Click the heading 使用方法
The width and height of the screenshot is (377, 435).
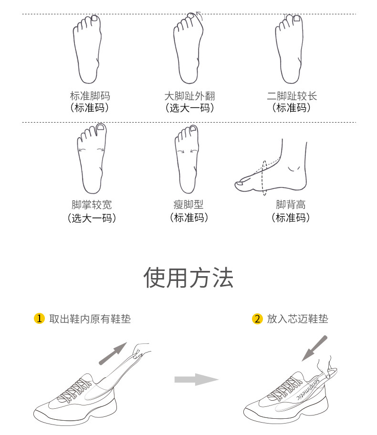tap(188, 278)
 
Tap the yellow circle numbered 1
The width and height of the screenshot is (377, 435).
tap(39, 319)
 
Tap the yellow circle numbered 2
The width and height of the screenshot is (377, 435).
tap(257, 319)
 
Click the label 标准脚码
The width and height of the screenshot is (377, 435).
tap(90, 96)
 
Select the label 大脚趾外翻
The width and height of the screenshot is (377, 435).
tap(190, 96)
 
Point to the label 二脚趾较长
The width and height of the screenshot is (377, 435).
tap(292, 96)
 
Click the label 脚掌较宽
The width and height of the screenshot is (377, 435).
tap(92, 205)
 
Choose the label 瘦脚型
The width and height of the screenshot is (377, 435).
tap(188, 205)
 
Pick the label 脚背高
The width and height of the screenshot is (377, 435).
tap(291, 205)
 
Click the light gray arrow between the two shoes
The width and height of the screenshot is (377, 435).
tap(196, 379)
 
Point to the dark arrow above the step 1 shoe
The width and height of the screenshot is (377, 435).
tap(113, 353)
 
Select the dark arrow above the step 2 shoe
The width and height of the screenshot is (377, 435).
tap(314, 349)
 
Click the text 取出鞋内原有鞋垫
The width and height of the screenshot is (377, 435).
tap(90, 319)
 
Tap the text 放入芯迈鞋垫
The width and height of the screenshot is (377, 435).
tap(298, 319)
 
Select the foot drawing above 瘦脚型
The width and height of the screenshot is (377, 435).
tap(187, 159)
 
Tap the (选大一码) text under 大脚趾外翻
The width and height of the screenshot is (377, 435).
tap(190, 108)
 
